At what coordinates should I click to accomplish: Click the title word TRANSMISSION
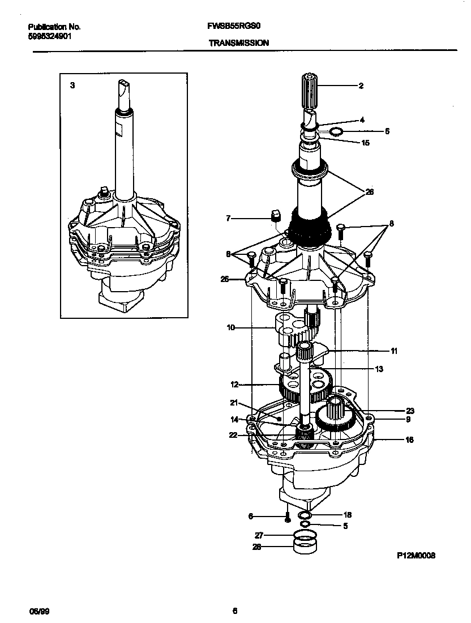pos(238,42)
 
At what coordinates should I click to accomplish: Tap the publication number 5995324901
pos(50,35)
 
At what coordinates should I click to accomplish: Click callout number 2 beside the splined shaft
pos(361,86)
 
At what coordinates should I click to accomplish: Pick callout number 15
pos(365,143)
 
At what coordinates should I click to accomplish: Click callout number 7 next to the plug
pos(228,218)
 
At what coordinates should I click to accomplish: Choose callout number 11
pos(393,351)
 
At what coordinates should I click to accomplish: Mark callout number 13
pos(379,369)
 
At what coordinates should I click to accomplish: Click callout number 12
pos(234,385)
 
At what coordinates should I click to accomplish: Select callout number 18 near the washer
pos(348,515)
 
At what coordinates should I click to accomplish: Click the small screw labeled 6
pos(288,517)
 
